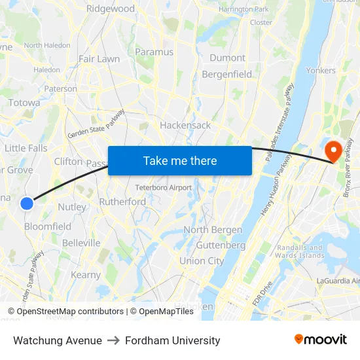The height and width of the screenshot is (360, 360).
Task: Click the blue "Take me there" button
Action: pyautogui.click(x=180, y=160)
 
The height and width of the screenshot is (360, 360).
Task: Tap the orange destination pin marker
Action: pyautogui.click(x=333, y=152)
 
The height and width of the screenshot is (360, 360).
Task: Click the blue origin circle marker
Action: pyautogui.click(x=27, y=204)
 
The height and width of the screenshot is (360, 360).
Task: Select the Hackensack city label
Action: pyautogui.click(x=185, y=125)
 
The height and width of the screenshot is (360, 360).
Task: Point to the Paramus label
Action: pyautogui.click(x=154, y=52)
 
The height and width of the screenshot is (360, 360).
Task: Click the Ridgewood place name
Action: pyautogui.click(x=111, y=9)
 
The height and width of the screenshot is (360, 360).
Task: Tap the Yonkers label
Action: pyautogui.click(x=321, y=70)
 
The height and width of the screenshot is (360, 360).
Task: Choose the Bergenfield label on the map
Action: pyautogui.click(x=227, y=74)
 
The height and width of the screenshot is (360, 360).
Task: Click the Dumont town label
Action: pyautogui.click(x=227, y=58)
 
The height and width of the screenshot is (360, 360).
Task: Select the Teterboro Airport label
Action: pyautogui.click(x=164, y=188)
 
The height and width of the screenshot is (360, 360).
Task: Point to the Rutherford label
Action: pyautogui.click(x=122, y=202)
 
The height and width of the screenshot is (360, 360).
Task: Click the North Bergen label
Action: pyautogui.click(x=213, y=230)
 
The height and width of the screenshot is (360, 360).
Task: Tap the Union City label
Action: pyautogui.click(x=202, y=261)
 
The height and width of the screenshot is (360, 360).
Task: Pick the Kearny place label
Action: pyautogui.click(x=85, y=275)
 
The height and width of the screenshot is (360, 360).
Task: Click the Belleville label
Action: pyautogui.click(x=81, y=243)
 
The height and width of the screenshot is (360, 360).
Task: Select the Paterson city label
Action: pyautogui.click(x=61, y=89)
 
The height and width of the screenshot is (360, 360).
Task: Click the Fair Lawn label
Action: pyautogui.click(x=99, y=59)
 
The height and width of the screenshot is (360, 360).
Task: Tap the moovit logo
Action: pyautogui.click(x=321, y=339)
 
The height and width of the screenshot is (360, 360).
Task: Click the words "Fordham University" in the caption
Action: pyautogui.click(x=172, y=340)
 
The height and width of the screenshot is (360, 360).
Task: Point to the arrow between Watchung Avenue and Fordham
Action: pyautogui.click(x=114, y=340)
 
